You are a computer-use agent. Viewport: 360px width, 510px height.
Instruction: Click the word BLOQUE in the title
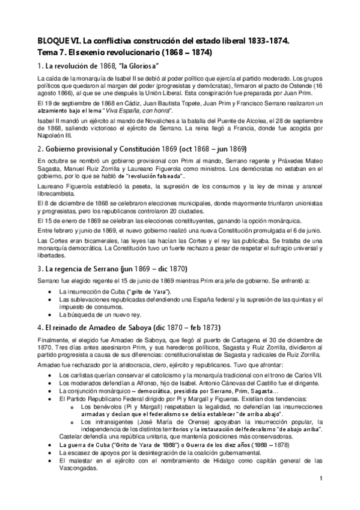51,40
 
